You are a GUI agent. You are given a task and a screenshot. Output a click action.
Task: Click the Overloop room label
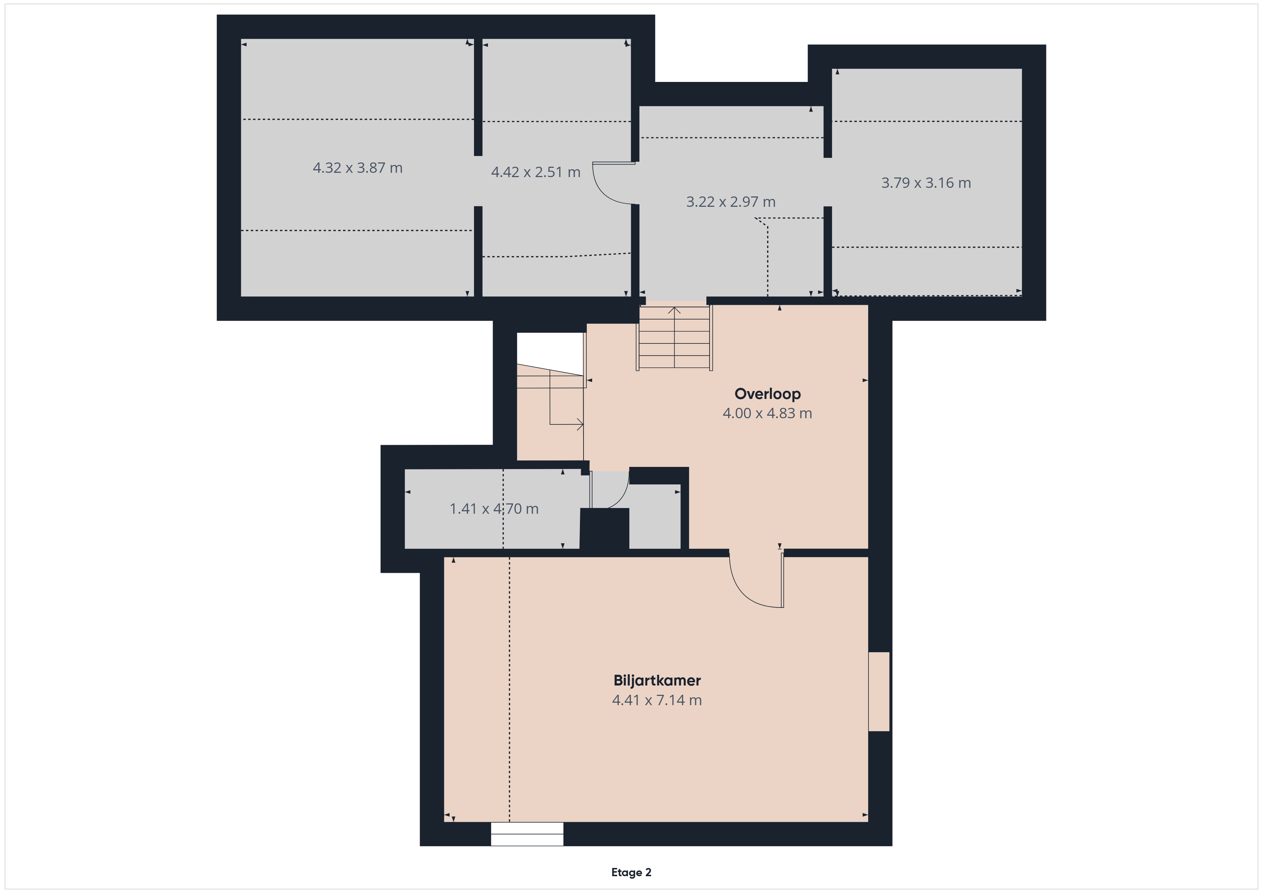[768, 394]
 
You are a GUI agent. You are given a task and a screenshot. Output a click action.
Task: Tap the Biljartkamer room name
[657, 681]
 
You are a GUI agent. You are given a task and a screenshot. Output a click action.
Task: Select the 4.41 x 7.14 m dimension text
[657, 700]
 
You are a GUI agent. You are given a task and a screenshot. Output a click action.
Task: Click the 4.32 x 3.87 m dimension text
[358, 168]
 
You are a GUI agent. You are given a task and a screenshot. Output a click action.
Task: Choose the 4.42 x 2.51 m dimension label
[536, 172]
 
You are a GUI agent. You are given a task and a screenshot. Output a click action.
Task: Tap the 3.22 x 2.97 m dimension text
[731, 202]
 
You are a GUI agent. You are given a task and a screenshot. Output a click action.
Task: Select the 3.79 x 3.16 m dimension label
[926, 182]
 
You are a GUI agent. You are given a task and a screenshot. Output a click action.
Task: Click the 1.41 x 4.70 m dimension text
[494, 509]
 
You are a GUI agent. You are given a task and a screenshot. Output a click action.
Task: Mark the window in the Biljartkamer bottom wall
[527, 834]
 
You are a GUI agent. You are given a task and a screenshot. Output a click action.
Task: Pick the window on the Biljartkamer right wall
[879, 691]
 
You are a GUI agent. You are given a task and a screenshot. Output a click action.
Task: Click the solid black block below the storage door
[605, 528]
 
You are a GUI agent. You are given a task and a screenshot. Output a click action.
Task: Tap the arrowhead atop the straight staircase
[674, 311]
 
